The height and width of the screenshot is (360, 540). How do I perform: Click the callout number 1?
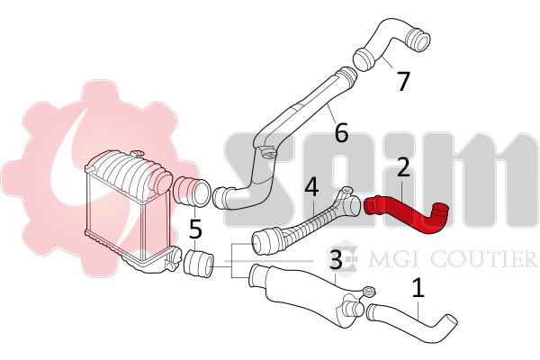[418, 288]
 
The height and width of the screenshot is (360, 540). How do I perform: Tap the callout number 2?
[403, 167]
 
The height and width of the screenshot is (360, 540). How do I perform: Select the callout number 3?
[336, 260]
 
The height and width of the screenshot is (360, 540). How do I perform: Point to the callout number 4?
[312, 187]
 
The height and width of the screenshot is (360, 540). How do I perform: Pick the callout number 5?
[195, 229]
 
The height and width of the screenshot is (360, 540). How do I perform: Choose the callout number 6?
[341, 132]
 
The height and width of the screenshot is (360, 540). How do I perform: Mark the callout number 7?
[403, 81]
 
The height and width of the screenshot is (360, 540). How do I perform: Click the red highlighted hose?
[406, 213]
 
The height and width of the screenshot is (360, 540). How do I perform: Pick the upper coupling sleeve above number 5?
[192, 193]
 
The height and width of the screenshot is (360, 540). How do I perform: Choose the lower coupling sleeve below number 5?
[199, 263]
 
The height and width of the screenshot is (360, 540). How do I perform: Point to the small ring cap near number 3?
[369, 292]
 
